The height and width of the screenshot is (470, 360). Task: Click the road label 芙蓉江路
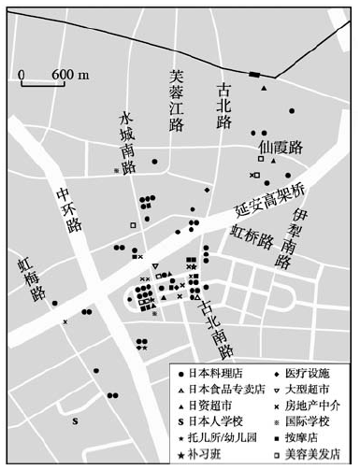tap(176, 101)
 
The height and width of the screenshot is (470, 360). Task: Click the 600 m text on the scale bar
tap(64, 73)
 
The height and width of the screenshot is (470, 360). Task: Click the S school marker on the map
tap(75, 421)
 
